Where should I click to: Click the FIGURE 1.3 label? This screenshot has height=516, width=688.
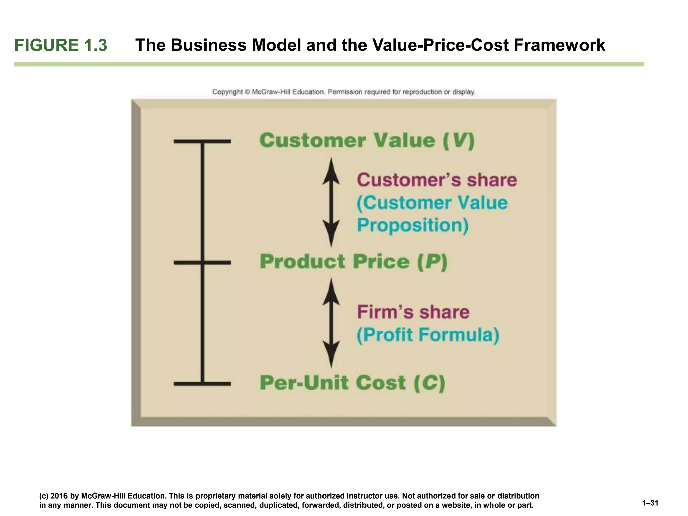[61, 45]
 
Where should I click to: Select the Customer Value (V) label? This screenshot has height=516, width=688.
[367, 140]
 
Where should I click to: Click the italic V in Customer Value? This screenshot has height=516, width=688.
[459, 140]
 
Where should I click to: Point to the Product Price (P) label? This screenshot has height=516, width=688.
[353, 262]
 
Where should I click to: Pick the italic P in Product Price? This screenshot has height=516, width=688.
[433, 262]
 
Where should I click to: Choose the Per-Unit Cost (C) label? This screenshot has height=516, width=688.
[352, 383]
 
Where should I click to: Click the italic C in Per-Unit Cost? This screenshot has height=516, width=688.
[430, 383]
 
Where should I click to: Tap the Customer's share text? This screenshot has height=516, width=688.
[437, 180]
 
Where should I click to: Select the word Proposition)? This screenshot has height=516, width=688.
[413, 225]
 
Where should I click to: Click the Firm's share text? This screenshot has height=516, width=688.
[413, 312]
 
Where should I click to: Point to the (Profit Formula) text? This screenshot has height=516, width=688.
[428, 335]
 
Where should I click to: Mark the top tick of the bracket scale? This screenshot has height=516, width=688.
[202, 141]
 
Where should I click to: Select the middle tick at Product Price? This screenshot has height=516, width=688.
[202, 263]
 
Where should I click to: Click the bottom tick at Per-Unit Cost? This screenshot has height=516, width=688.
[202, 384]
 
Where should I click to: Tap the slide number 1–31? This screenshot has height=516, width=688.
[650, 503]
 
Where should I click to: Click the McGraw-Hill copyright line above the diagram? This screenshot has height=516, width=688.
[343, 92]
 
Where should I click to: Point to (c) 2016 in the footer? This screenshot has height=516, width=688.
[54, 496]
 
